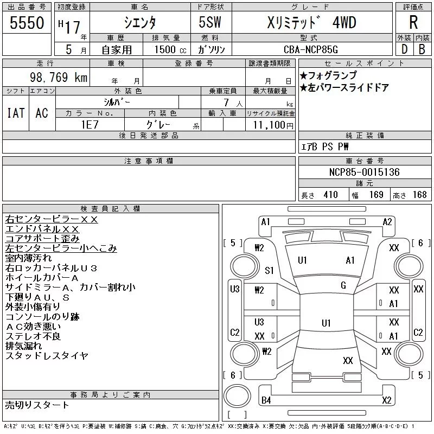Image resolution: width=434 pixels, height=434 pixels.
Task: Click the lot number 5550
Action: coord(27,23)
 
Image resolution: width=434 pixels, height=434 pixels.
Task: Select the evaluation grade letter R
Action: coord(413,22)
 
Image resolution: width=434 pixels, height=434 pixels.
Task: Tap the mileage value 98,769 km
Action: coord(59,77)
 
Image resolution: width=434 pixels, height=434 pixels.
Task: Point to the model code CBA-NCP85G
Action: coord(310,49)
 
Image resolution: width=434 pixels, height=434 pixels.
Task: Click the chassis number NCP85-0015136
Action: coord(364,172)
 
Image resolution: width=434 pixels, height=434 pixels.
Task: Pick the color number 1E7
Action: coord(90,125)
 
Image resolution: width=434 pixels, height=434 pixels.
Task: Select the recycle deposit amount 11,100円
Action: coord(273,125)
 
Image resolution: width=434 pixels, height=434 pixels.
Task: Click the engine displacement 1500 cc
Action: coord(170,50)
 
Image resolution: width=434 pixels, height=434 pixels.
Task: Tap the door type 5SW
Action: coord(210,22)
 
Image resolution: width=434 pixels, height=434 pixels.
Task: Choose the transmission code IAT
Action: coord(16,113)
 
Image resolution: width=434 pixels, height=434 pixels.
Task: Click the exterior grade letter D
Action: coord(404,49)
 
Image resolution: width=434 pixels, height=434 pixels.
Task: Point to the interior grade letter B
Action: coord(422,49)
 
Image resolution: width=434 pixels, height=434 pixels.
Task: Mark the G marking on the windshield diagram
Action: coord(343,285)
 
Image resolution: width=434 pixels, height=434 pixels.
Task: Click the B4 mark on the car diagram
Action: coord(266,400)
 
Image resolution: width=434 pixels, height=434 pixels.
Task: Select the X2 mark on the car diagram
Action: coord(387,400)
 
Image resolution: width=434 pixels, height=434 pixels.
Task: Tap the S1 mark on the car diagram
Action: coord(269,270)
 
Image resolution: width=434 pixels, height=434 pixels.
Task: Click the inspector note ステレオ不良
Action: coord(33,336)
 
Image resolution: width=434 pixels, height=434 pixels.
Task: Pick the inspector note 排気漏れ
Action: coord(23,346)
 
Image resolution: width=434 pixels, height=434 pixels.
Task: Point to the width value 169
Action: coord(376,195)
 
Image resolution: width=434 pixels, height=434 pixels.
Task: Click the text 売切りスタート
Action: coord(37,405)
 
